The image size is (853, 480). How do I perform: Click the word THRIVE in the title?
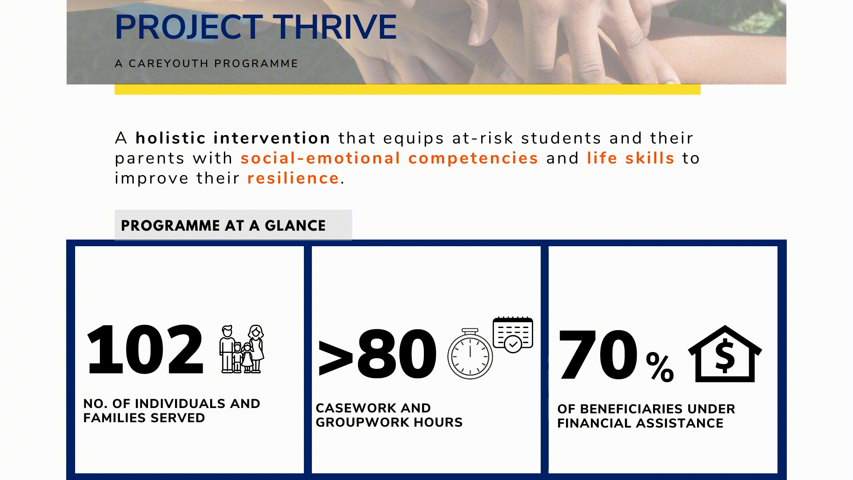[335, 28]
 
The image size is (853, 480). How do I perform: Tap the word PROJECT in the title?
[189, 28]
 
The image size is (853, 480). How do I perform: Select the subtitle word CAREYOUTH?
[169, 64]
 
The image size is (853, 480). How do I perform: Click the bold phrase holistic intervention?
[233, 138]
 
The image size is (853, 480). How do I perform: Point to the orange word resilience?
[293, 178]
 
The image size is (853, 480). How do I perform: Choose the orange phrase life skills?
[631, 158]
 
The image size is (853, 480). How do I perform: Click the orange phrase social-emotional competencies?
[390, 159]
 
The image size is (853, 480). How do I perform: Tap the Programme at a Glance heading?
[223, 226]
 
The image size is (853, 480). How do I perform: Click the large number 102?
[145, 350]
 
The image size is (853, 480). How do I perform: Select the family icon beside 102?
[242, 349]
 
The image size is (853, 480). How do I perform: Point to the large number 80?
[397, 354]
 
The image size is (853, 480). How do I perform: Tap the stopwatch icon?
[470, 354]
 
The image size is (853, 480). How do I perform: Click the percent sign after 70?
[660, 367]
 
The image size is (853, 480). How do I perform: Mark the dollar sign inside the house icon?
[725, 356]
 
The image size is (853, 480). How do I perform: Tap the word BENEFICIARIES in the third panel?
[631, 409]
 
